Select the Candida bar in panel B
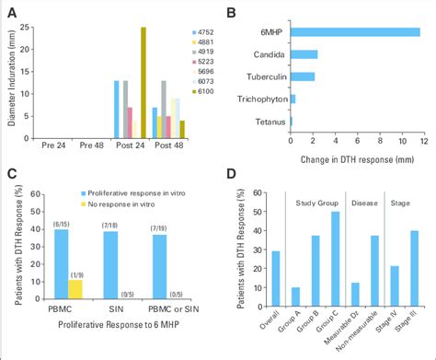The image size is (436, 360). pyautogui.click(x=304, y=54)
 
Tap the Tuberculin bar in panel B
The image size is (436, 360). pyautogui.click(x=302, y=76)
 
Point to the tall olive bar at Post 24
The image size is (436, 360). pyautogui.click(x=143, y=82)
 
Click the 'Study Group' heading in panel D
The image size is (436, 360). pyautogui.click(x=312, y=203)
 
